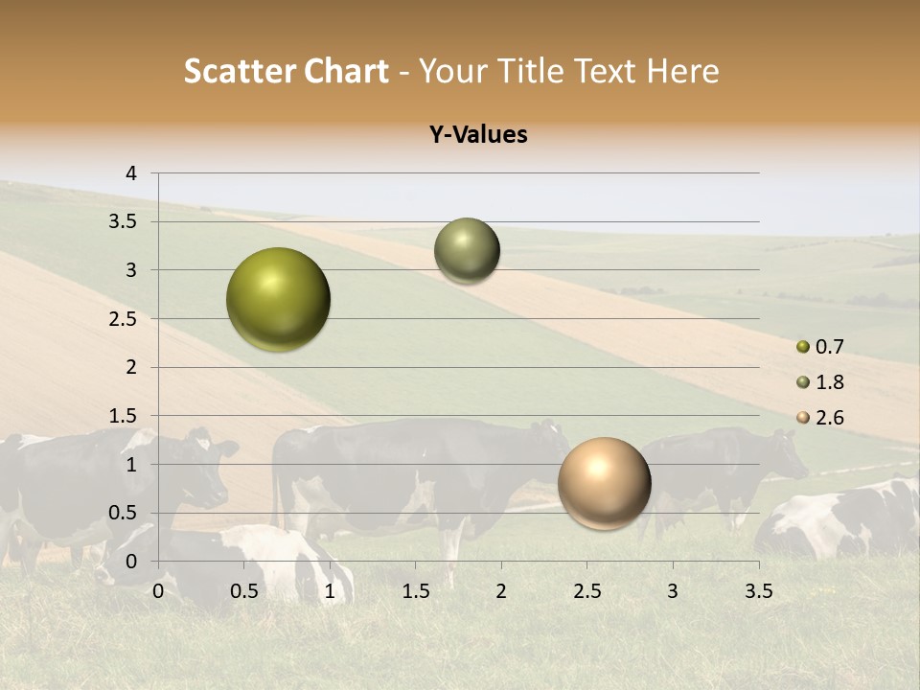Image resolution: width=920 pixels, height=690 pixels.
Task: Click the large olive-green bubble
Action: pos(279,300)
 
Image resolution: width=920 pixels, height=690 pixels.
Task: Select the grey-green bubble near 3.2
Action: pos(467,251)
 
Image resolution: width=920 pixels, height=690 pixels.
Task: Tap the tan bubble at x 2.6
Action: pos(605,484)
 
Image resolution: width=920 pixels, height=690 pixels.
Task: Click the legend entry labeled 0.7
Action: pos(820,347)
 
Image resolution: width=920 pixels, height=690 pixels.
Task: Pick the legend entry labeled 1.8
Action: pos(820,382)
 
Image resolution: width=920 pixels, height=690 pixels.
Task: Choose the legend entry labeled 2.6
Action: pos(820,418)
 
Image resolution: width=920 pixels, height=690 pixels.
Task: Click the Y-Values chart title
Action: pos(478,135)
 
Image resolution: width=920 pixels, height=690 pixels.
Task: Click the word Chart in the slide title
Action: pos(346,72)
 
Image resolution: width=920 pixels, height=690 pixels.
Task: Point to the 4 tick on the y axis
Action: pos(132,173)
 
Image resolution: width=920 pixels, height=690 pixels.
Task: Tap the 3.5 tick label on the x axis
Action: pos(758,591)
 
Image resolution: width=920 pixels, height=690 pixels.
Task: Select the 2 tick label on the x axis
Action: pos(501,591)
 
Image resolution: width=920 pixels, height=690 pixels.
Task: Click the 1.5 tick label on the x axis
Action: pos(415,591)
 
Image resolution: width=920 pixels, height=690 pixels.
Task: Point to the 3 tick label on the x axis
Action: pos(673,591)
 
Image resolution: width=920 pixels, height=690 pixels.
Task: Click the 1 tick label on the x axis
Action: pos(330,591)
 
